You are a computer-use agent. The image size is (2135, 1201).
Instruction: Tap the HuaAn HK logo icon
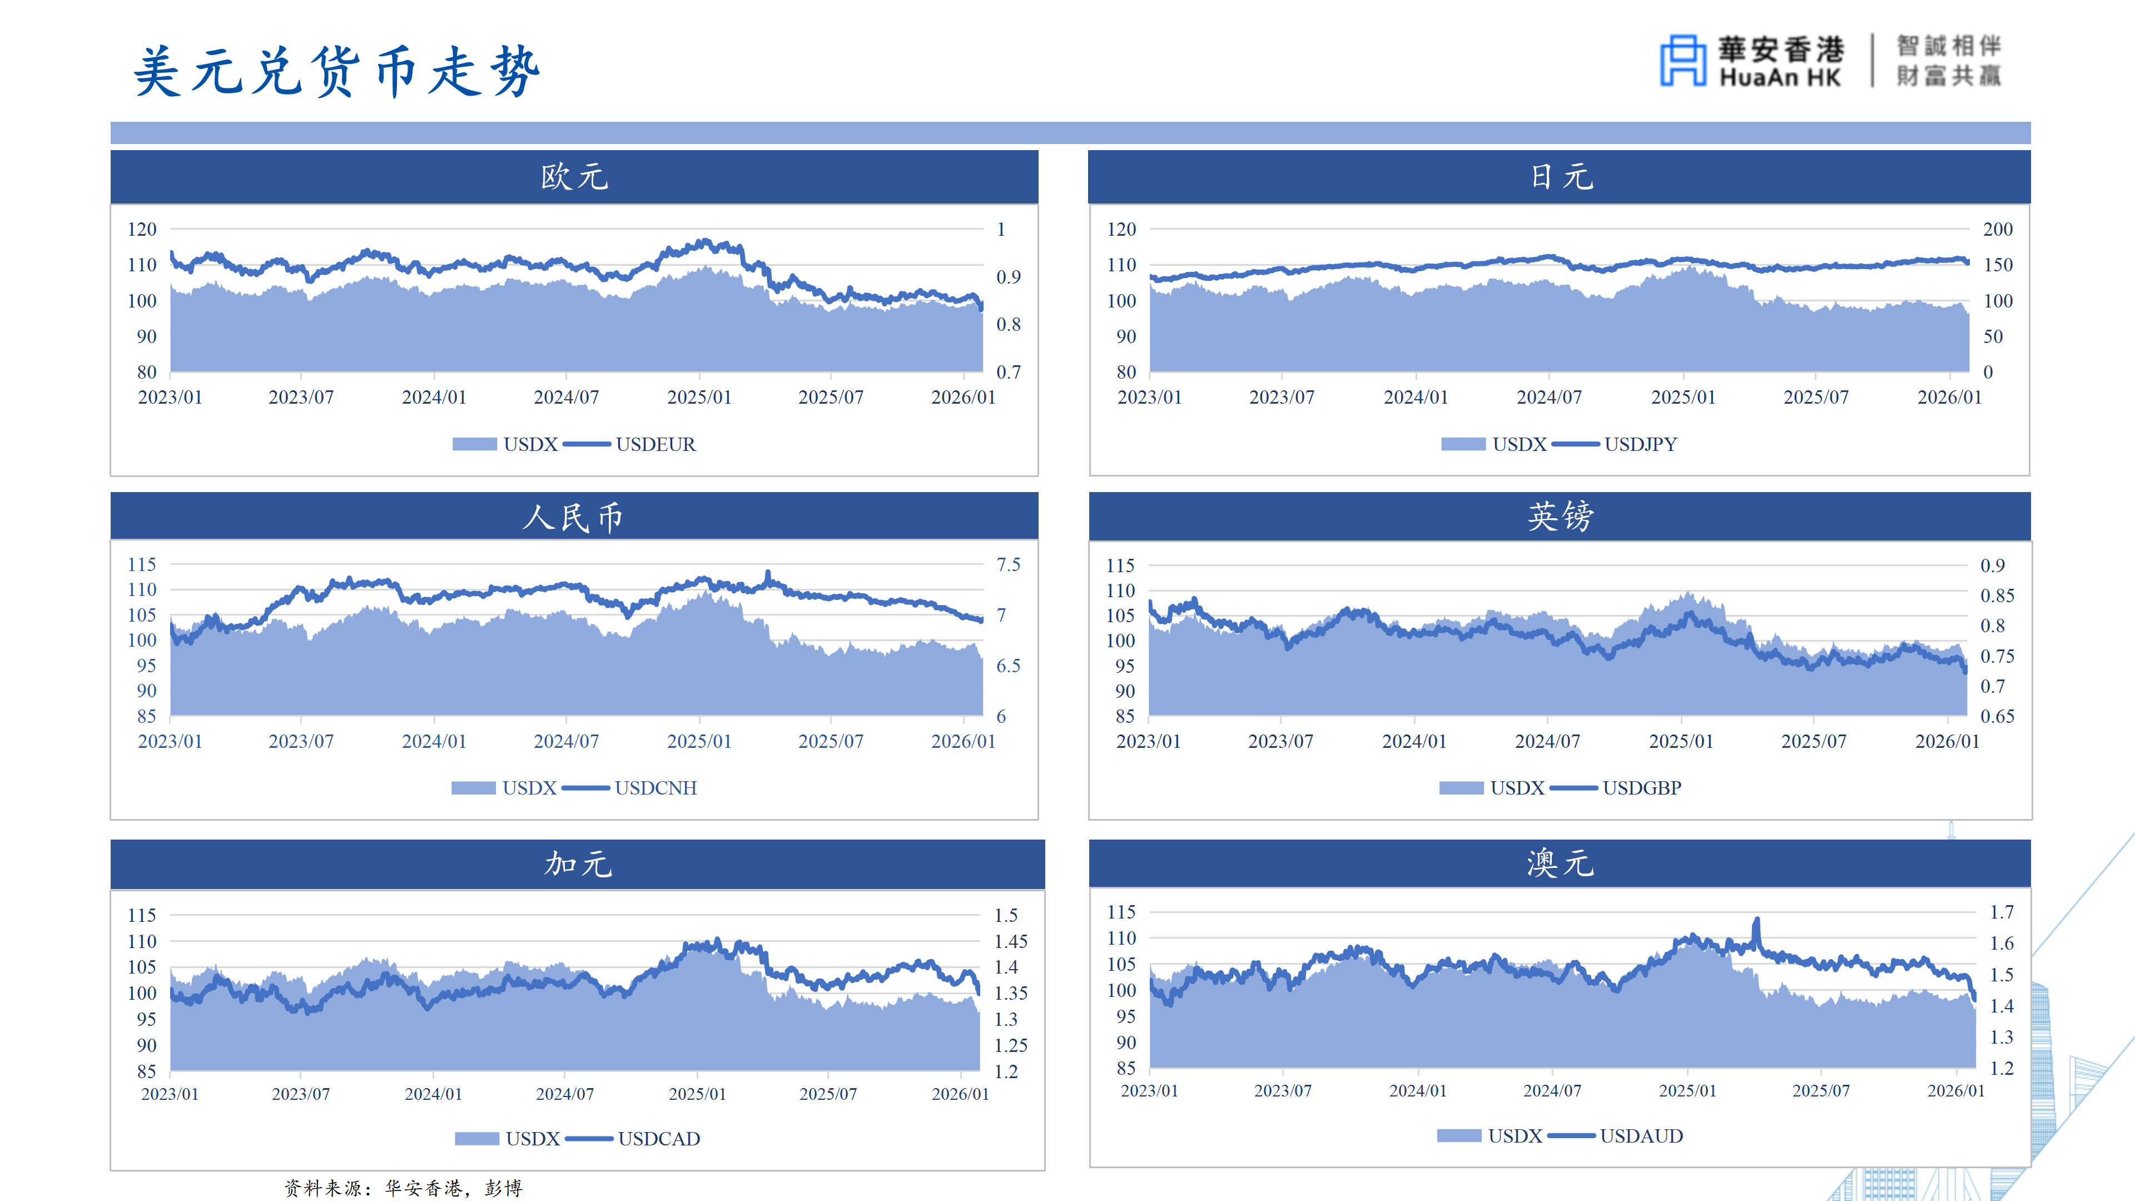point(1682,61)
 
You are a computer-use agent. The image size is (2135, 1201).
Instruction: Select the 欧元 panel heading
point(574,177)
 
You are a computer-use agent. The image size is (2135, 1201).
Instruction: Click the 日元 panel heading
point(1560,177)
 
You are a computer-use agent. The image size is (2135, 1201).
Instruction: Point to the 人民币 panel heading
point(573,517)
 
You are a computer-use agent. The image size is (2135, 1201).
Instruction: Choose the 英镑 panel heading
point(1560,517)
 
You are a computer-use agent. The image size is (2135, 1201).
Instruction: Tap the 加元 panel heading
point(578,863)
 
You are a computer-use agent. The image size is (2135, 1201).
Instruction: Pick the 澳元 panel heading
point(1560,863)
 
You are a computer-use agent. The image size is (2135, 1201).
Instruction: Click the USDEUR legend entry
point(655,444)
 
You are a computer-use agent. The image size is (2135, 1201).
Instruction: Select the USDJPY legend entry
point(1640,444)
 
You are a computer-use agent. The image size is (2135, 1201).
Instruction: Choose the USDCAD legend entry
point(658,1139)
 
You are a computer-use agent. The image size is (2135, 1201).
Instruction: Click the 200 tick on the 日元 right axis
point(1998,230)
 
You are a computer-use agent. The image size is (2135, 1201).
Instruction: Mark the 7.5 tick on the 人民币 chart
point(1009,564)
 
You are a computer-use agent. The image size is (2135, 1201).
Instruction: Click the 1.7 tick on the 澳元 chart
point(2002,912)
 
